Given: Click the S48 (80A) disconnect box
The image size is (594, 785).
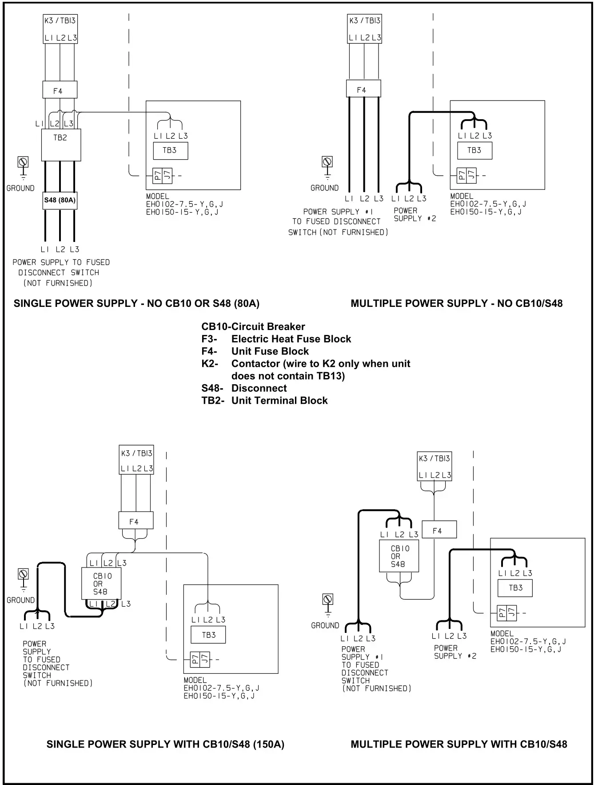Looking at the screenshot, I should tap(60, 200).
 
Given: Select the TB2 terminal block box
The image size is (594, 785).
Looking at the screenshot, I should tap(61, 145).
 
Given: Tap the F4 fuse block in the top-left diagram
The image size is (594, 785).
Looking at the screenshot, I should tap(60, 90).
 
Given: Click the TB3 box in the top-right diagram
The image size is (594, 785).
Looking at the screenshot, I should tap(474, 150).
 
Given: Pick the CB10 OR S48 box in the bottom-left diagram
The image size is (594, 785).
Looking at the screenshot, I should tap(101, 584).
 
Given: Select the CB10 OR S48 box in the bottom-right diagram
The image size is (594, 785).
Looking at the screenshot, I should tap(399, 556).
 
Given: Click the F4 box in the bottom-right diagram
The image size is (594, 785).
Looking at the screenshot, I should tap(439, 530).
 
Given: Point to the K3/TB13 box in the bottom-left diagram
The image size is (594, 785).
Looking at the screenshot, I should tap(136, 459).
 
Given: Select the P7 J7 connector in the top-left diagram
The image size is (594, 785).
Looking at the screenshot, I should tap(162, 176).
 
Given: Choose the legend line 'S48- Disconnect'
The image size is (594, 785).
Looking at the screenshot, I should tap(244, 388).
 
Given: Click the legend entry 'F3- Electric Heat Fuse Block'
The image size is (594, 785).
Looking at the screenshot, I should tap(276, 339).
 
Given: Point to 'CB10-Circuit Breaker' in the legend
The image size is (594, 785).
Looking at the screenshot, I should tap(253, 326).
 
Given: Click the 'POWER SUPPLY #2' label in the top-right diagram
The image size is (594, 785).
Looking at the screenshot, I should tap(414, 214).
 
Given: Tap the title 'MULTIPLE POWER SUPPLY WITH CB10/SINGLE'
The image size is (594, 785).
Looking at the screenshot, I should tap(458, 744).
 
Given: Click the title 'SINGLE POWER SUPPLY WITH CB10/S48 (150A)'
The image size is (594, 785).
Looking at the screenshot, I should tap(165, 744).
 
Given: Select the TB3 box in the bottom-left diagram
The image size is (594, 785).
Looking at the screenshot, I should tap(208, 635).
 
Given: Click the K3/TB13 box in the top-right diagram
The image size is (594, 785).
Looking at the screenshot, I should tap(364, 28).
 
